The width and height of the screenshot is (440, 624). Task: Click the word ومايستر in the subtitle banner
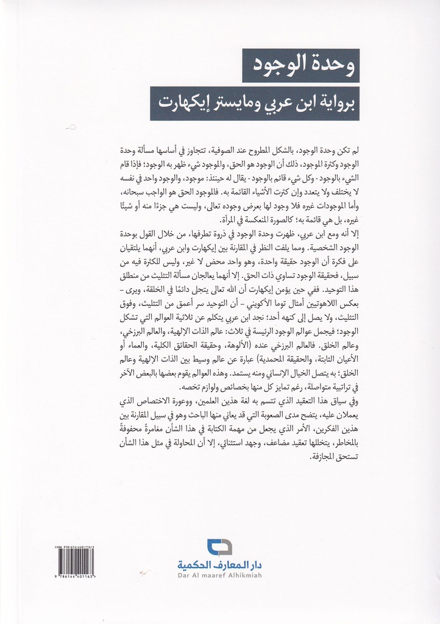coord(234,102)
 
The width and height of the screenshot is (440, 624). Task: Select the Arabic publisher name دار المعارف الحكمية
coord(220,565)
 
